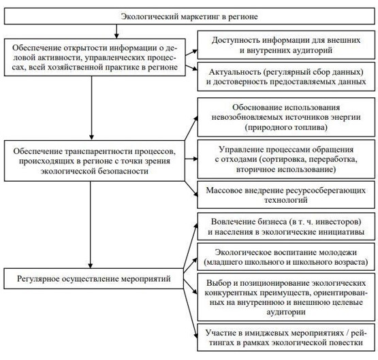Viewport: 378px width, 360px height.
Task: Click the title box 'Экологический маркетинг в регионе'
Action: click(x=189, y=13)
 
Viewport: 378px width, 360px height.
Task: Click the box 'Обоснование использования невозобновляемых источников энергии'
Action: click(x=285, y=116)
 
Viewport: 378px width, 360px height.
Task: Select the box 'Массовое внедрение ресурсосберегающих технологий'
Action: click(x=285, y=195)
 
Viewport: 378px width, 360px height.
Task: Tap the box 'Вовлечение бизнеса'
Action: click(x=285, y=228)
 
